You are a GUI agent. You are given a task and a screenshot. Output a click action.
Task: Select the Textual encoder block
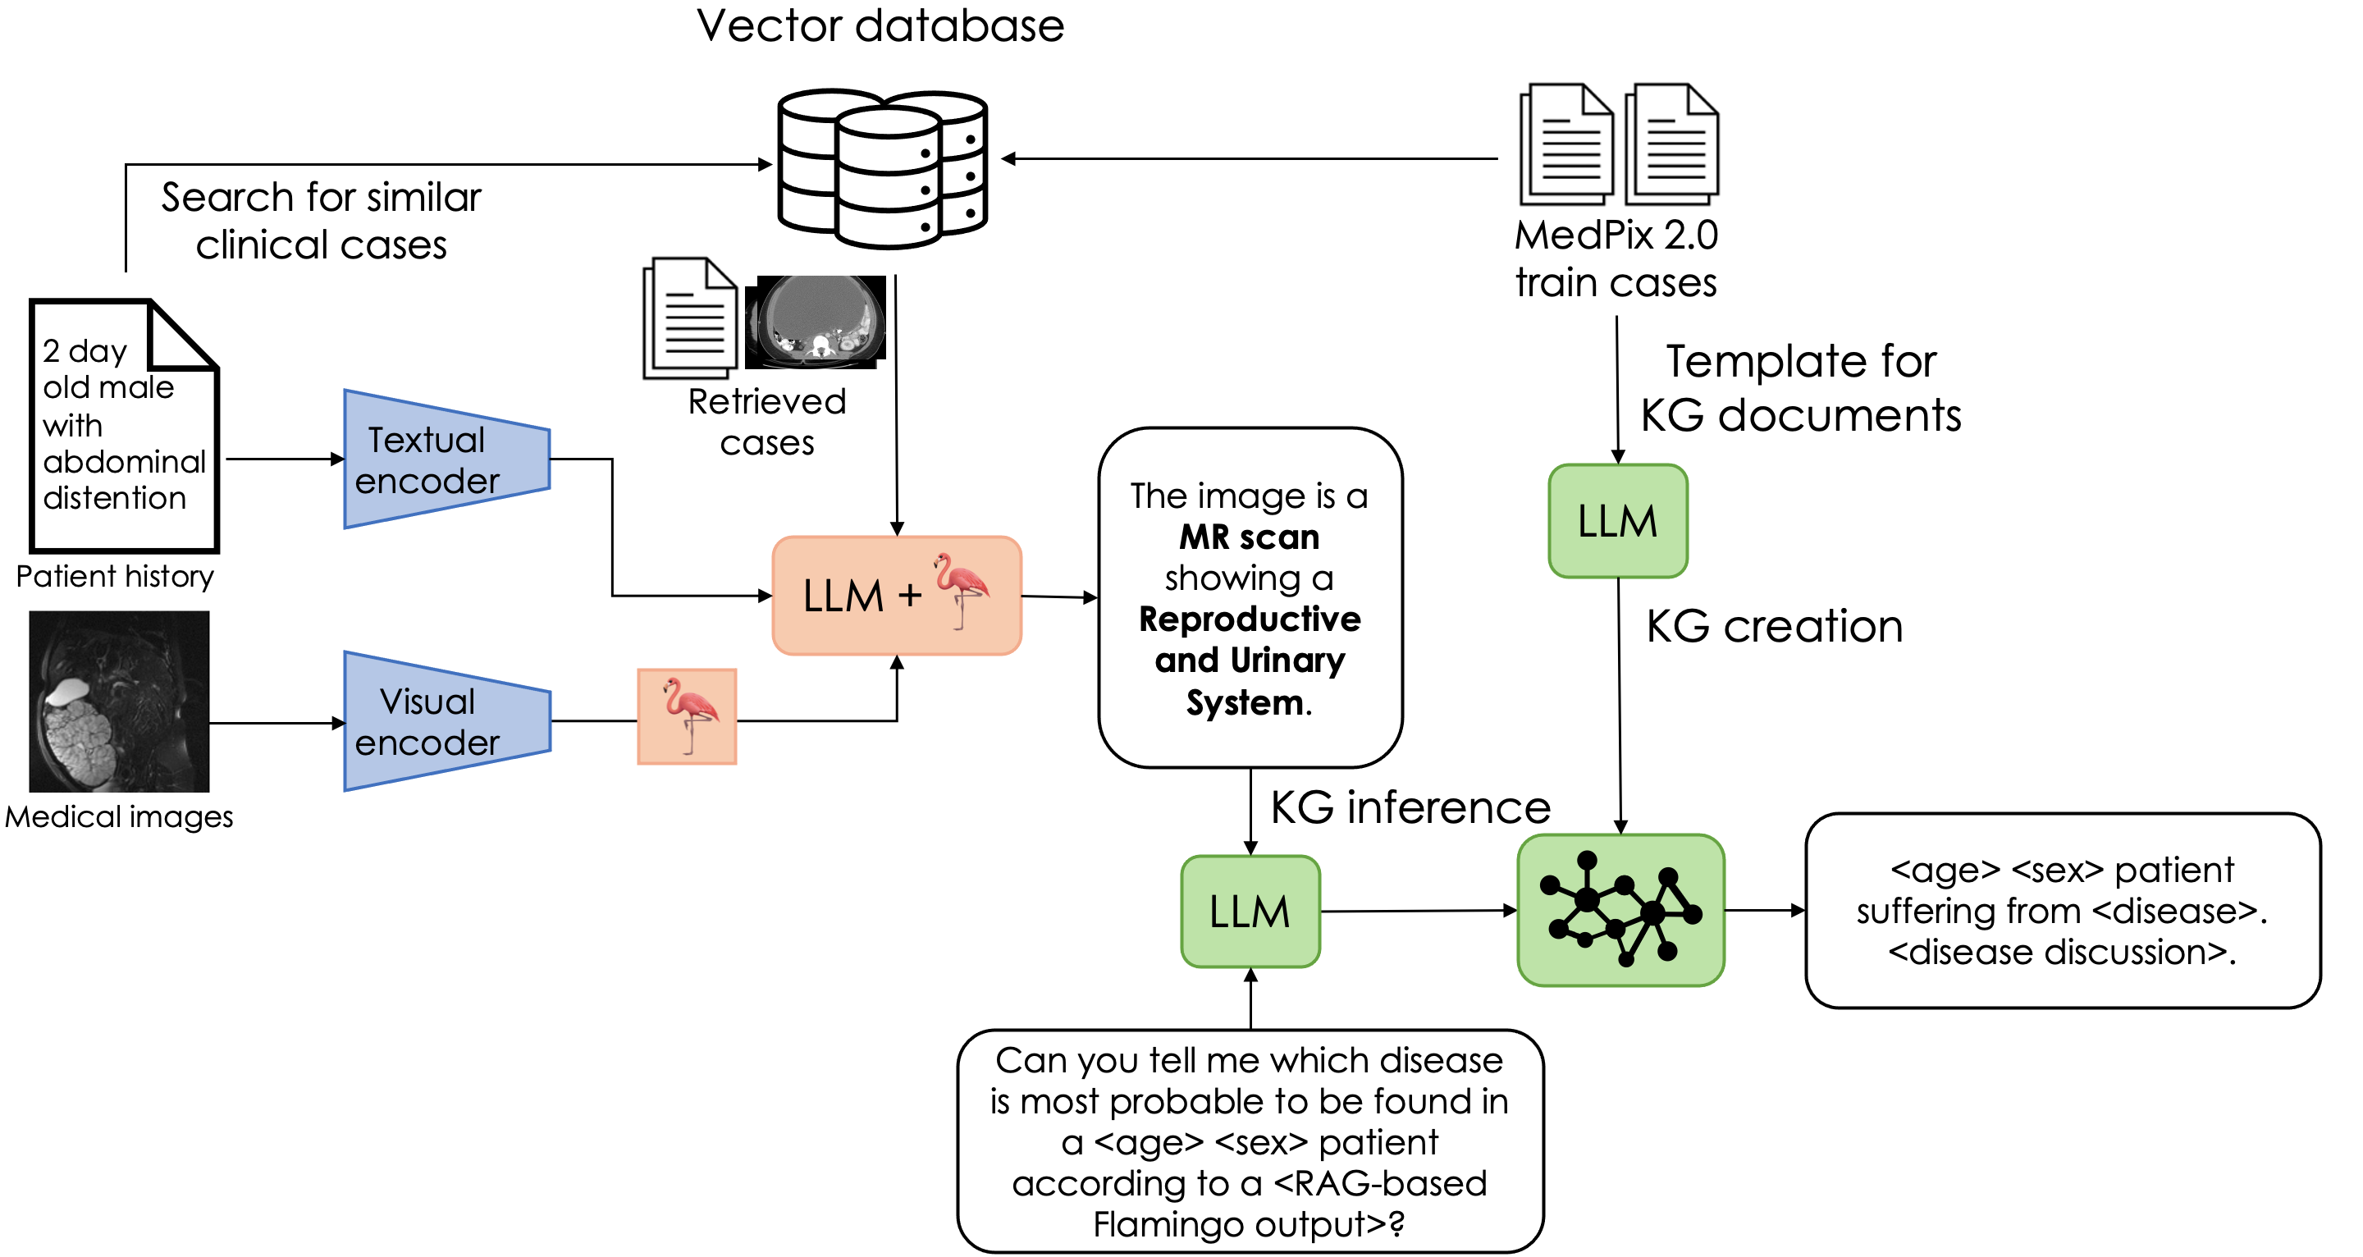point(446,459)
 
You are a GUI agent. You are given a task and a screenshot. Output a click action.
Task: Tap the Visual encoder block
point(446,721)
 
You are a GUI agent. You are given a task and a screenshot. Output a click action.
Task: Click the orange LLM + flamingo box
point(896,596)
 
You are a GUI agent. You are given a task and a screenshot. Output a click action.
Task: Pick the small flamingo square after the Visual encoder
point(687,716)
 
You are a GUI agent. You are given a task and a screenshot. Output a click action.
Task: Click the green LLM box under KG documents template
point(1617,521)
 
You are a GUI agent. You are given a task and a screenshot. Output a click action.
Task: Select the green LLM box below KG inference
point(1250,911)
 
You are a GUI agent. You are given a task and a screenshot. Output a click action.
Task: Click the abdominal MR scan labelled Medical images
point(119,702)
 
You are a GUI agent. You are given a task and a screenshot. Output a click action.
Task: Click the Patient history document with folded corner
point(124,426)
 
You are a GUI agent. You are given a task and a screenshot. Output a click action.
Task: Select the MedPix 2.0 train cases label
point(1616,258)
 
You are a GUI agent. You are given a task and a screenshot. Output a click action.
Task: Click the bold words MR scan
point(1249,537)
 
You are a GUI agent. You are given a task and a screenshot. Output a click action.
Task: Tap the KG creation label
point(1773,627)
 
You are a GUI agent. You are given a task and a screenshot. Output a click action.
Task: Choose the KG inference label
point(1410,807)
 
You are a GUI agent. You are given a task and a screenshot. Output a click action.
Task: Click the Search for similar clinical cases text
point(321,221)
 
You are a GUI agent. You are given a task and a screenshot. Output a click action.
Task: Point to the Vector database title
point(880,25)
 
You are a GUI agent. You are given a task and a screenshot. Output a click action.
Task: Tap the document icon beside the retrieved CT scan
point(691,318)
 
